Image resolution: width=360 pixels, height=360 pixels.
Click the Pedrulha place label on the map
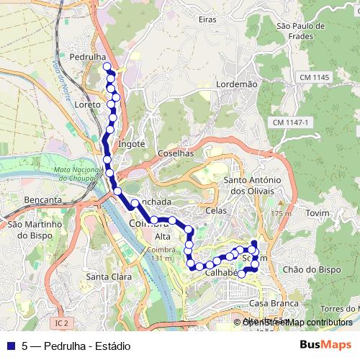click(89, 56)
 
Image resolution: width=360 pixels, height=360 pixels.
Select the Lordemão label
click(236, 84)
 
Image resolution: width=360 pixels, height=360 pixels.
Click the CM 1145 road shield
click(315, 78)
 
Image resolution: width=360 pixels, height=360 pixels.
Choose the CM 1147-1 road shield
click(290, 123)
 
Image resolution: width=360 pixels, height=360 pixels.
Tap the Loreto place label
click(87, 104)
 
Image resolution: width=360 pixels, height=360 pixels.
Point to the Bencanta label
click(42, 199)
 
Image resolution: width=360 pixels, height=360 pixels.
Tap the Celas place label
click(215, 210)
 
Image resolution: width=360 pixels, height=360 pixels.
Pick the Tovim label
click(317, 214)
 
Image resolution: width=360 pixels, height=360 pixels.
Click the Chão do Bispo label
click(311, 269)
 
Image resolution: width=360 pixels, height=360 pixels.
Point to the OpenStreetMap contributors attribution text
click(297, 322)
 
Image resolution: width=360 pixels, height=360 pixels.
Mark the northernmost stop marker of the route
click(107, 67)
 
